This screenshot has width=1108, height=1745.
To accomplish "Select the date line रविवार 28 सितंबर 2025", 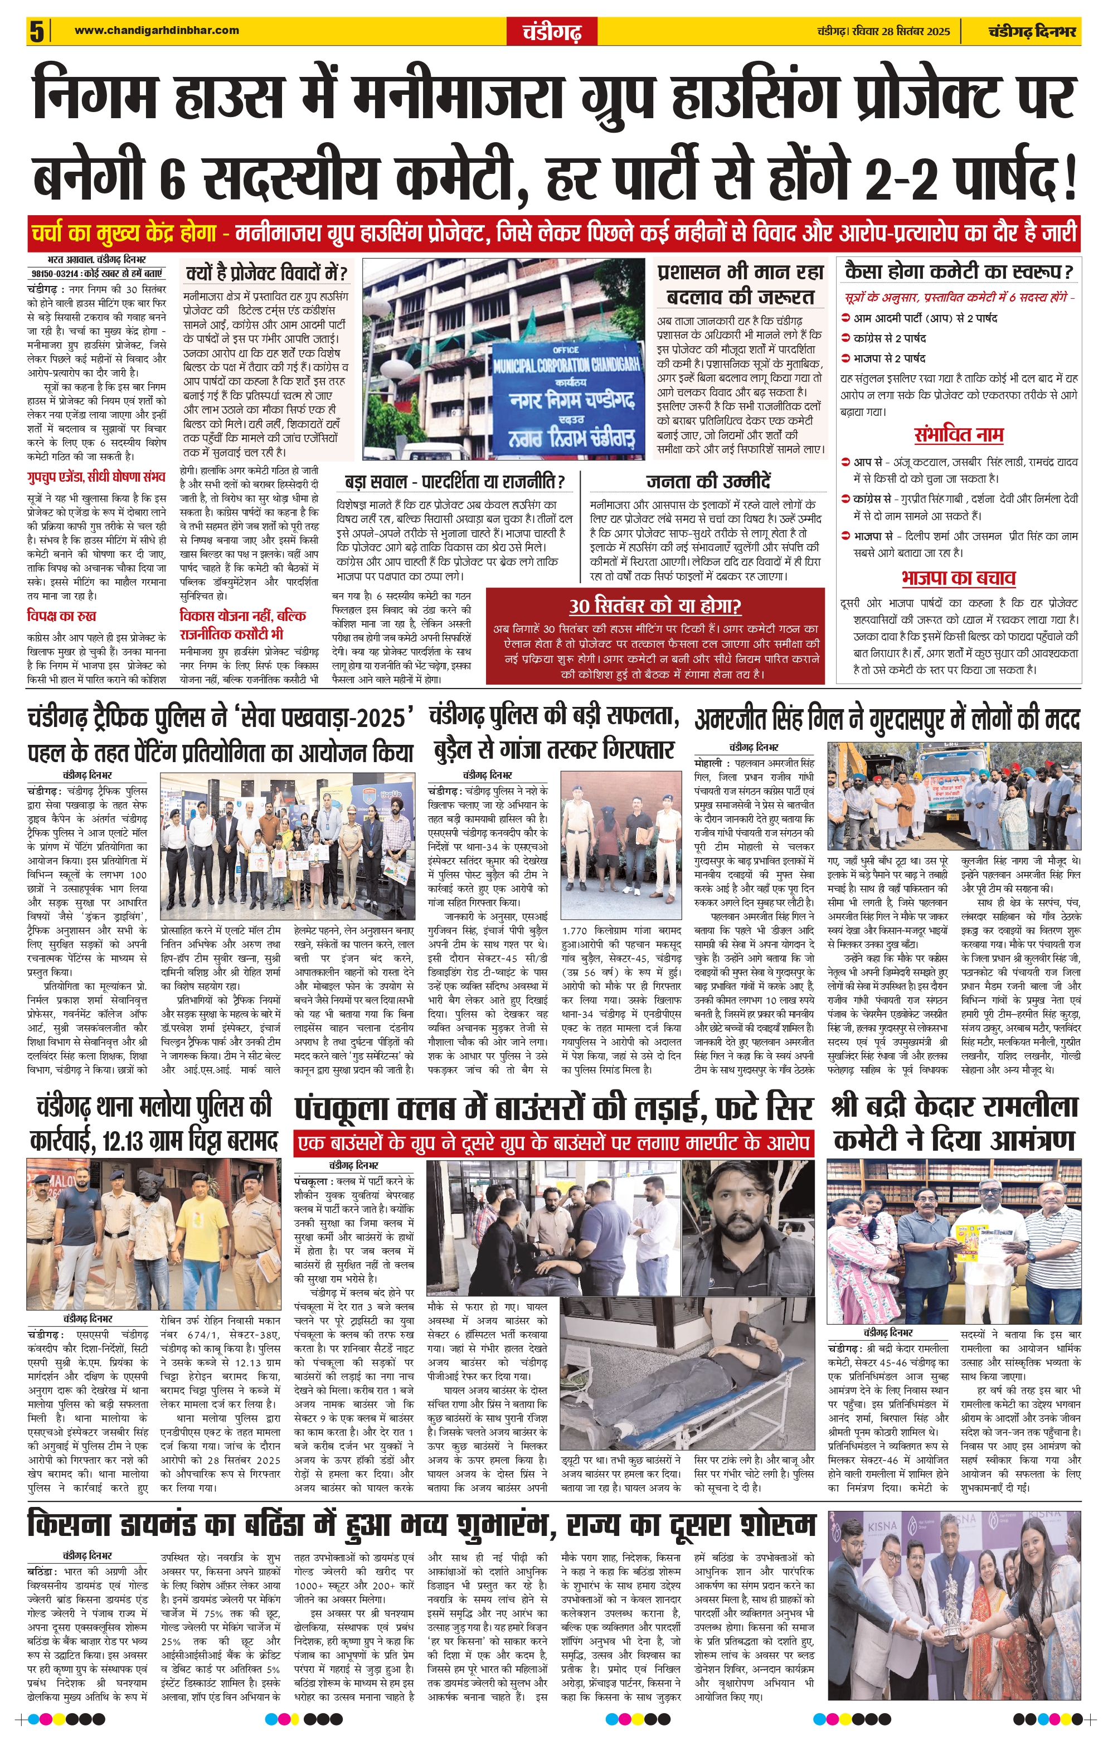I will [883, 31].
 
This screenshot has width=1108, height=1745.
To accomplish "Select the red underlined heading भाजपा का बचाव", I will [959, 578].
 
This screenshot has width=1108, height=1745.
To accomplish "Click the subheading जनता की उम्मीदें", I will [708, 482].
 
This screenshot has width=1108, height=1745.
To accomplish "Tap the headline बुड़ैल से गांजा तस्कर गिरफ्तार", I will [555, 750].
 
